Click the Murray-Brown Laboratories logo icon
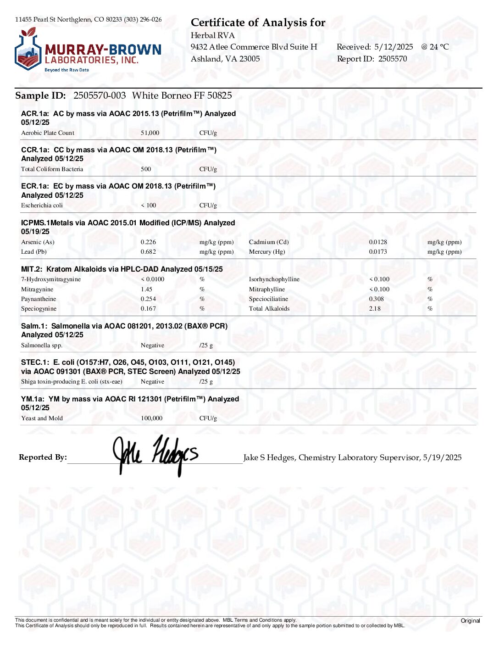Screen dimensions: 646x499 [28, 50]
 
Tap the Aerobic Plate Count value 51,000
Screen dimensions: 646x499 [150, 133]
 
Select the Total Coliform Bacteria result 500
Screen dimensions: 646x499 [146, 169]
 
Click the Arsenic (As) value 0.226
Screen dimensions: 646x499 [148, 242]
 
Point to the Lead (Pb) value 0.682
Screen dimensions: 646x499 [148, 252]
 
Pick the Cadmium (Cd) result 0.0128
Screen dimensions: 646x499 [378, 242]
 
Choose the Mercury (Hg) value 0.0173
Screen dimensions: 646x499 [378, 252]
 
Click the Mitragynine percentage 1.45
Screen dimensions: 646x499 [146, 290]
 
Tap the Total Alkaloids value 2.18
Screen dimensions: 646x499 [375, 309]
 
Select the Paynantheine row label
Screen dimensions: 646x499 [39, 299]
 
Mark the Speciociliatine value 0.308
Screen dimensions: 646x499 [377, 299]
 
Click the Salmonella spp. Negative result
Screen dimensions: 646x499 [152, 345]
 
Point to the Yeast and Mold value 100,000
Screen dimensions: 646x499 [151, 418]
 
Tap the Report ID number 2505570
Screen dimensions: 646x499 [393, 59]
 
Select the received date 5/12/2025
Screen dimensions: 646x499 [394, 47]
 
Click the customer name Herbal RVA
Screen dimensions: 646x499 [212, 35]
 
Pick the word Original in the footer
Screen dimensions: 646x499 [470, 621]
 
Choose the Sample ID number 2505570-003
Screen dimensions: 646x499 [100, 95]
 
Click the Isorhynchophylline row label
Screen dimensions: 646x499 [274, 279]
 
